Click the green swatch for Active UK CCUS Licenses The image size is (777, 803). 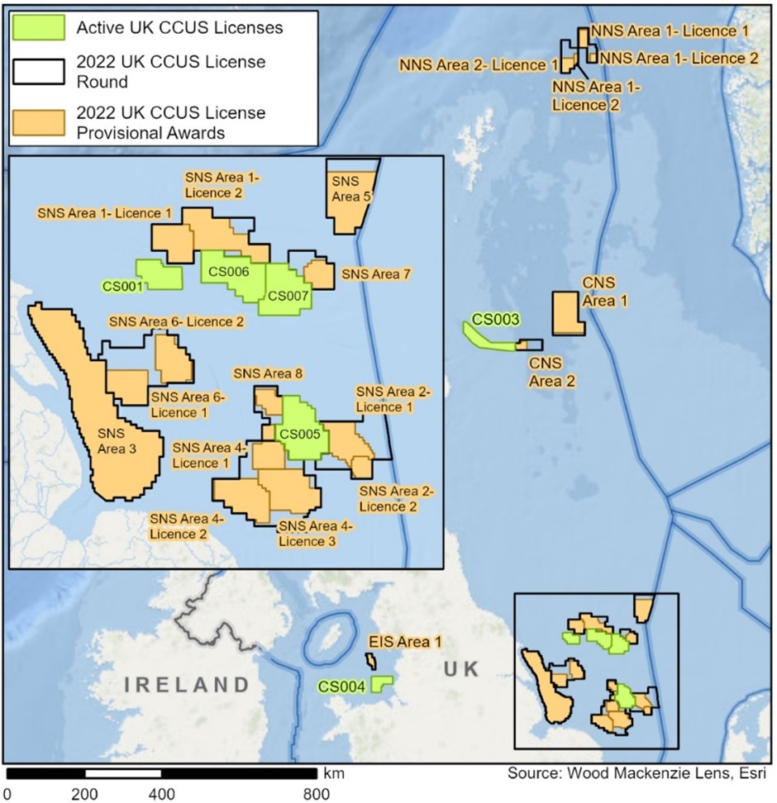click(41, 27)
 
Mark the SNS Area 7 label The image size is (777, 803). click(376, 273)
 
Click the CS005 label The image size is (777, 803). click(300, 432)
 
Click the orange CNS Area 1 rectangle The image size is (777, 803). click(566, 313)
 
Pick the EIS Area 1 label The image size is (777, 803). click(405, 640)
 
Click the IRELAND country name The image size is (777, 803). click(187, 684)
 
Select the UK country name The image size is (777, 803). click(460, 668)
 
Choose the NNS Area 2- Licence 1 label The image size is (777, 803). click(479, 64)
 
